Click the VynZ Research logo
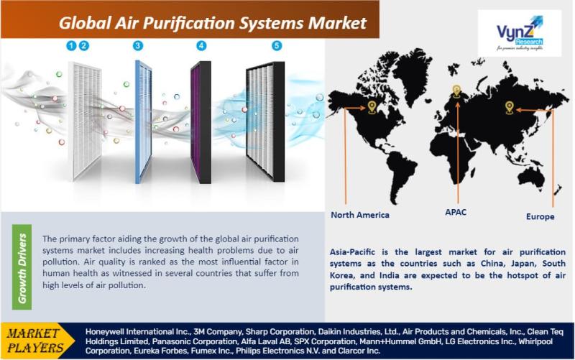point(519,33)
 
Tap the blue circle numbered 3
point(138,46)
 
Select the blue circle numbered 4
point(201,46)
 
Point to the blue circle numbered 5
point(277,46)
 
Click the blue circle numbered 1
point(71,46)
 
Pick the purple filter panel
point(201,122)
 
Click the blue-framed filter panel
point(143,122)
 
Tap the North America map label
point(360,215)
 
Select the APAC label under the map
point(456,212)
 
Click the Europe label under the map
point(540,217)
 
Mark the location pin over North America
point(372,107)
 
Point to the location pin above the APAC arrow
point(456,91)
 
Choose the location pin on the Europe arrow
point(509,107)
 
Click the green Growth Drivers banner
point(22,267)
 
